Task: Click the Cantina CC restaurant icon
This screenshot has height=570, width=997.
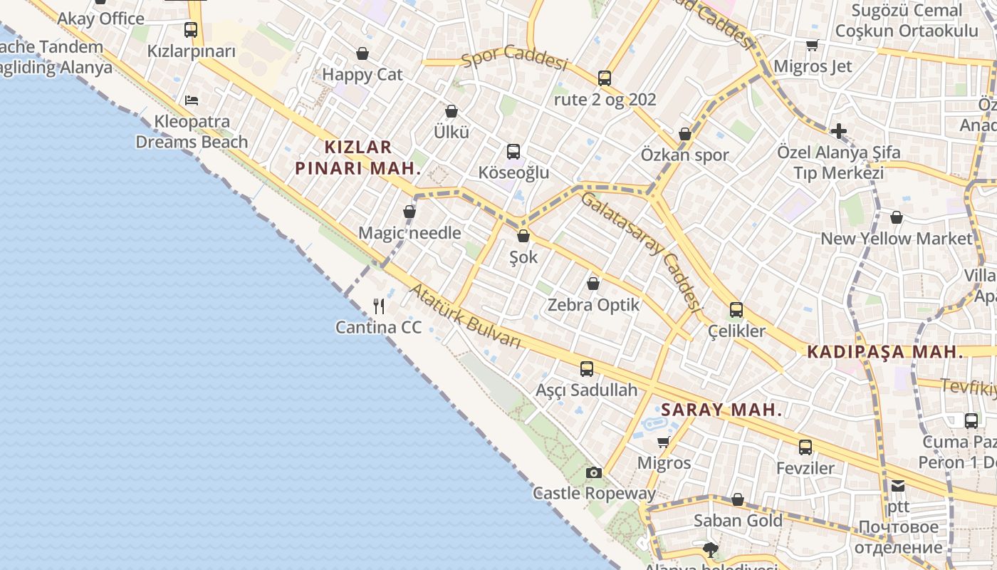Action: (379, 306)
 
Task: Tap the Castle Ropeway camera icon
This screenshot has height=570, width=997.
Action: (593, 472)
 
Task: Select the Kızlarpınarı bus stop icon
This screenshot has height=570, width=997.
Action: (190, 30)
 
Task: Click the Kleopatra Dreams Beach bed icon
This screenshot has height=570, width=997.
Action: (192, 100)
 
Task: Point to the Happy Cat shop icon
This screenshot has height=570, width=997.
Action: (362, 53)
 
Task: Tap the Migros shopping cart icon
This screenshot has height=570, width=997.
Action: (664, 442)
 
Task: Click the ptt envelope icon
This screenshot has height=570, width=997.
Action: (898, 486)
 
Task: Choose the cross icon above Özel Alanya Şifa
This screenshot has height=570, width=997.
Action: (839, 131)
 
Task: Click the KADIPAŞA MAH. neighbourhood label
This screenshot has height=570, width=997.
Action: (884, 352)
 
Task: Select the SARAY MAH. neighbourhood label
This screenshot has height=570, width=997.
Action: (721, 410)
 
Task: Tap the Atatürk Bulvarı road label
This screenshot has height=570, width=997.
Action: (466, 316)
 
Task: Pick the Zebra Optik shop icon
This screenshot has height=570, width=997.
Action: (593, 284)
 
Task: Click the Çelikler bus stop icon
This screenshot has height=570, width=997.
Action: (736, 310)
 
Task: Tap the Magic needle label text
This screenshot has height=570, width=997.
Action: (409, 233)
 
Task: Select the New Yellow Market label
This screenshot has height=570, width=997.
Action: (897, 239)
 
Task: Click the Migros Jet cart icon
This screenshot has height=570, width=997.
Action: (812, 46)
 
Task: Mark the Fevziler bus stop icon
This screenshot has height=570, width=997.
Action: (805, 447)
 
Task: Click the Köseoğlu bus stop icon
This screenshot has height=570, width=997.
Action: (513, 151)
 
